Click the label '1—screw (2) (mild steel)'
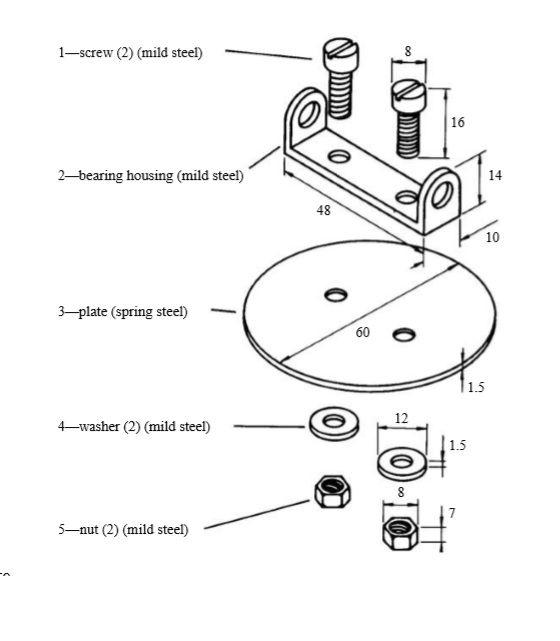[130, 53]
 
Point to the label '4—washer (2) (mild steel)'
[133, 427]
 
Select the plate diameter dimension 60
[363, 332]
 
